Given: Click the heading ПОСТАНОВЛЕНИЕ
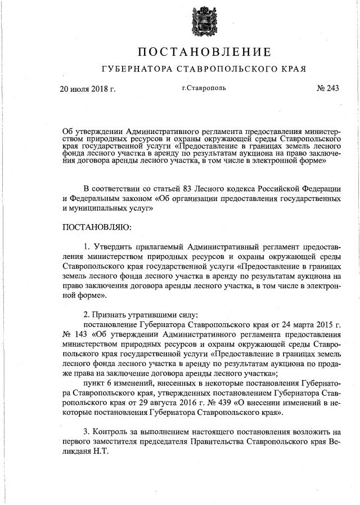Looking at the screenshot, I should pyautogui.click(x=204, y=52).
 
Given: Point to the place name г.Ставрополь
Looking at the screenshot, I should pyautogui.click(x=203, y=88).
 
